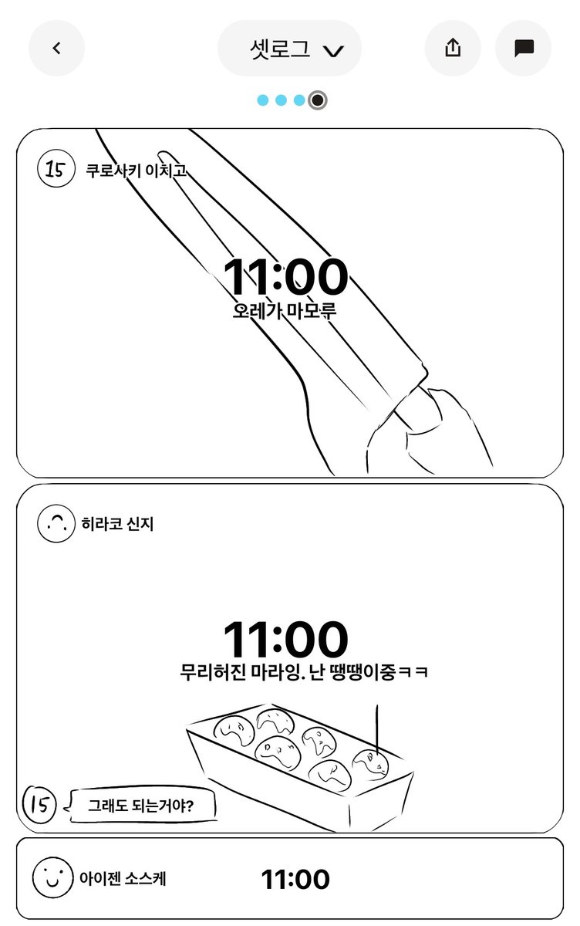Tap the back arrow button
[56, 48]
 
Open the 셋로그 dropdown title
[290, 49]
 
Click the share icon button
[453, 48]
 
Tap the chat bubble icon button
[524, 48]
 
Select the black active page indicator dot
[317, 100]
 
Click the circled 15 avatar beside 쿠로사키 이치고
[55, 168]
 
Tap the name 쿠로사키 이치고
[136, 169]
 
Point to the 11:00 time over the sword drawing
[285, 278]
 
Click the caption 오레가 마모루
[285, 312]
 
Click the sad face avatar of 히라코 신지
[55, 525]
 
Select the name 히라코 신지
[117, 525]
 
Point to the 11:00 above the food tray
[285, 640]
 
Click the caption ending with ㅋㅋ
[304, 672]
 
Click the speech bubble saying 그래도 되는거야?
[141, 806]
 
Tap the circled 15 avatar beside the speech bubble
[40, 805]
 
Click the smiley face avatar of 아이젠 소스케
[52, 879]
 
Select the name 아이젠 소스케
[122, 879]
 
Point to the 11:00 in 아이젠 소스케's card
[295, 879]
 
